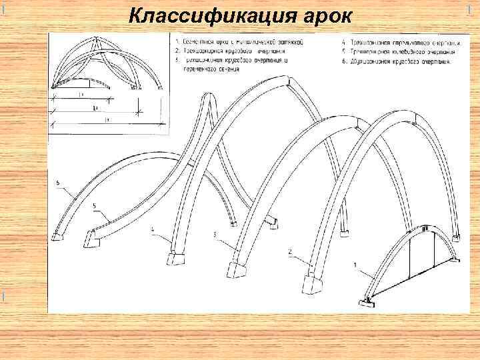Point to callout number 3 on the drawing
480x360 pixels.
coord(215,235)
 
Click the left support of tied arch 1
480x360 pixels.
coord(366,301)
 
